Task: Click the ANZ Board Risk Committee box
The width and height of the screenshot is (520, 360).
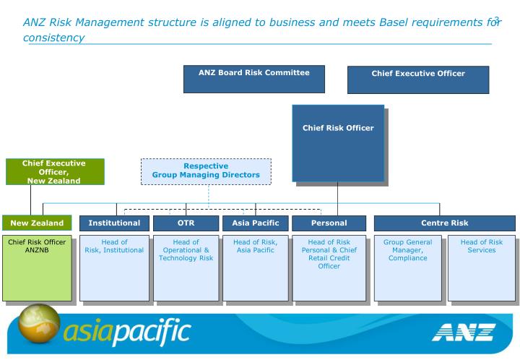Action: click(x=253, y=79)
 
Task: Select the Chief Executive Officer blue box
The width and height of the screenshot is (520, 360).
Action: click(x=417, y=80)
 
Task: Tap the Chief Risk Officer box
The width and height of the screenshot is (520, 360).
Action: click(x=337, y=142)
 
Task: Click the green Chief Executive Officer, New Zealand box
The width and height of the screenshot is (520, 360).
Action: click(x=55, y=172)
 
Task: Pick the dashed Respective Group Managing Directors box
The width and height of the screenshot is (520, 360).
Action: click(x=206, y=171)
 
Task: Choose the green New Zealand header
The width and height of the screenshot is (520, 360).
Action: click(x=37, y=223)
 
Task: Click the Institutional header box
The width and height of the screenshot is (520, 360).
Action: click(x=114, y=223)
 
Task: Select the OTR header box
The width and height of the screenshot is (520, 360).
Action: click(x=186, y=223)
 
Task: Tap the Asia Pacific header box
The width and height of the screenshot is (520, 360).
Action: click(x=255, y=223)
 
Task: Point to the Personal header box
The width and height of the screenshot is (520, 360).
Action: click(x=329, y=223)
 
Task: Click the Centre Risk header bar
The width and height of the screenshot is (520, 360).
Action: click(x=444, y=223)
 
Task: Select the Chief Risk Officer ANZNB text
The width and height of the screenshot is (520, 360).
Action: click(x=37, y=247)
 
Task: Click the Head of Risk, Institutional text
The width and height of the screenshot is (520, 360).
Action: click(x=114, y=247)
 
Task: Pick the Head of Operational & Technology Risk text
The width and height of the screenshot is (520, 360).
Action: click(x=186, y=250)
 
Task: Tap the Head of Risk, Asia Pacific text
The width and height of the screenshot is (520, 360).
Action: click(x=255, y=247)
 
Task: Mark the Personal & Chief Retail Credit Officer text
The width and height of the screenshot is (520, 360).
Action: click(x=329, y=254)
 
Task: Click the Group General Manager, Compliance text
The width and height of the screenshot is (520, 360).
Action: click(x=408, y=250)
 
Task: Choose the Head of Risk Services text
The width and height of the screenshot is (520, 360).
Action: click(x=481, y=247)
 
